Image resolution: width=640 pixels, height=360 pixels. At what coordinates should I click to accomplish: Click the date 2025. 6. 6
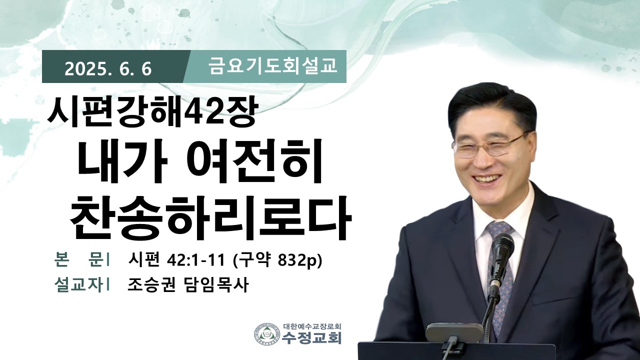[108, 69]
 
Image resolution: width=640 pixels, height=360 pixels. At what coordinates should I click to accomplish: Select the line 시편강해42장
[152, 112]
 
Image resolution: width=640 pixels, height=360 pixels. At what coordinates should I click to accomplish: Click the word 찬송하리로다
[210, 216]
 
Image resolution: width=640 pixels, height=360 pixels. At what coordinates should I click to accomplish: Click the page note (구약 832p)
[277, 260]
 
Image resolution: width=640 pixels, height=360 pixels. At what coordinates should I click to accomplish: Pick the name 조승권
[151, 284]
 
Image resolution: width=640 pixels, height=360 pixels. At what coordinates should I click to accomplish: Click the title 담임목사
[215, 284]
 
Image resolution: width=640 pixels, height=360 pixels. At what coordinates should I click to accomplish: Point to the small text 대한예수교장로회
[312, 326]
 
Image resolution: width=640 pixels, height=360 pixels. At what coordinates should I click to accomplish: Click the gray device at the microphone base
[454, 332]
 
